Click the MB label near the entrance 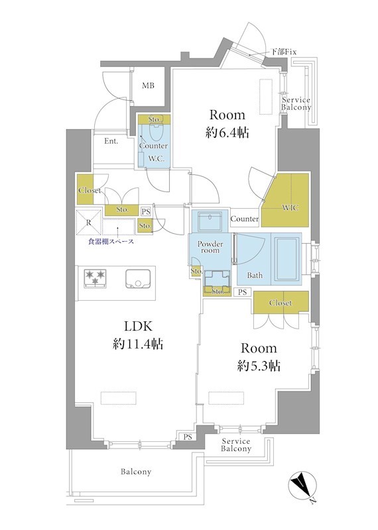tap(148, 86)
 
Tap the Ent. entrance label tap(111, 141)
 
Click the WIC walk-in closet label tap(290, 207)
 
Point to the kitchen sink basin tap(138, 279)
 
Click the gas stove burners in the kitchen tap(95, 278)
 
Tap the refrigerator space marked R tap(89, 223)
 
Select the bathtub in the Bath tap(287, 259)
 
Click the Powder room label tap(210, 247)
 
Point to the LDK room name tap(139, 326)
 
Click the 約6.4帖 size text tap(227, 133)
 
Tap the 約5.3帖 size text tap(259, 366)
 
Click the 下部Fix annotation tap(284, 52)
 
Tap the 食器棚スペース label tap(111, 241)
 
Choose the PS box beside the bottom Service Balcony tap(188, 437)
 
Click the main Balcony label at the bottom tap(136, 472)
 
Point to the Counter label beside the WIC tap(245, 219)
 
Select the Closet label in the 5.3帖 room tap(281, 303)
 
